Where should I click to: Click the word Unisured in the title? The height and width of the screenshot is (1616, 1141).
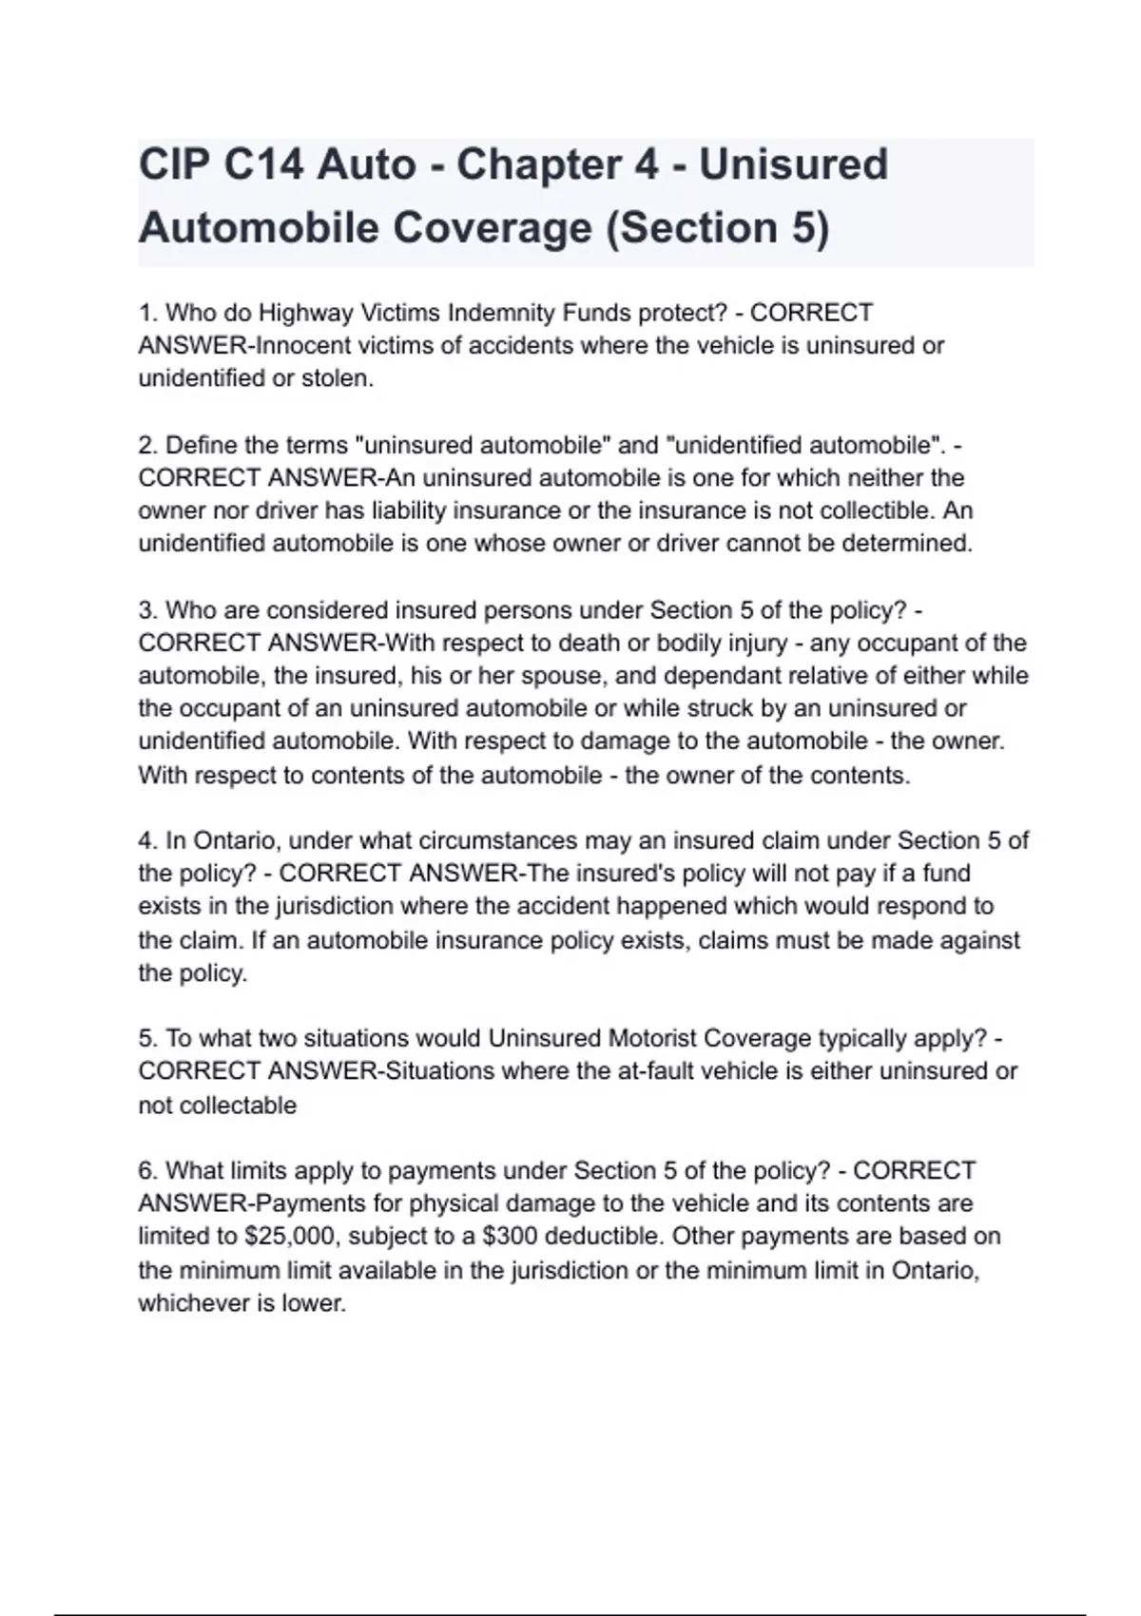pos(793,164)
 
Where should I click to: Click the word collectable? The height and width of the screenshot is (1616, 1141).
pos(238,1106)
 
